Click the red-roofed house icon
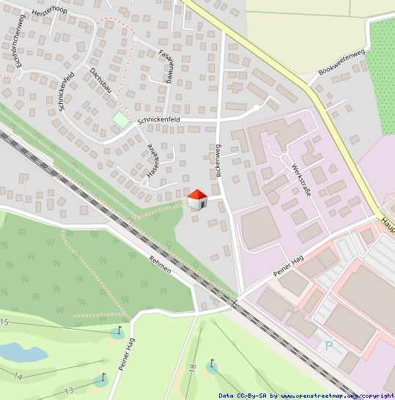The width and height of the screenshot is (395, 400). pos(197,199)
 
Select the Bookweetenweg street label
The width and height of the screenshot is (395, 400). pos(342,63)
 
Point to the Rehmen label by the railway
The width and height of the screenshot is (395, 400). pos(160,264)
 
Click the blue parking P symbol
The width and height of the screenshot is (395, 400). pos(328,345)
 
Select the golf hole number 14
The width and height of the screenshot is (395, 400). pos(18,376)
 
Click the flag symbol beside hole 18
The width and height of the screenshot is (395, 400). pos(212,363)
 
